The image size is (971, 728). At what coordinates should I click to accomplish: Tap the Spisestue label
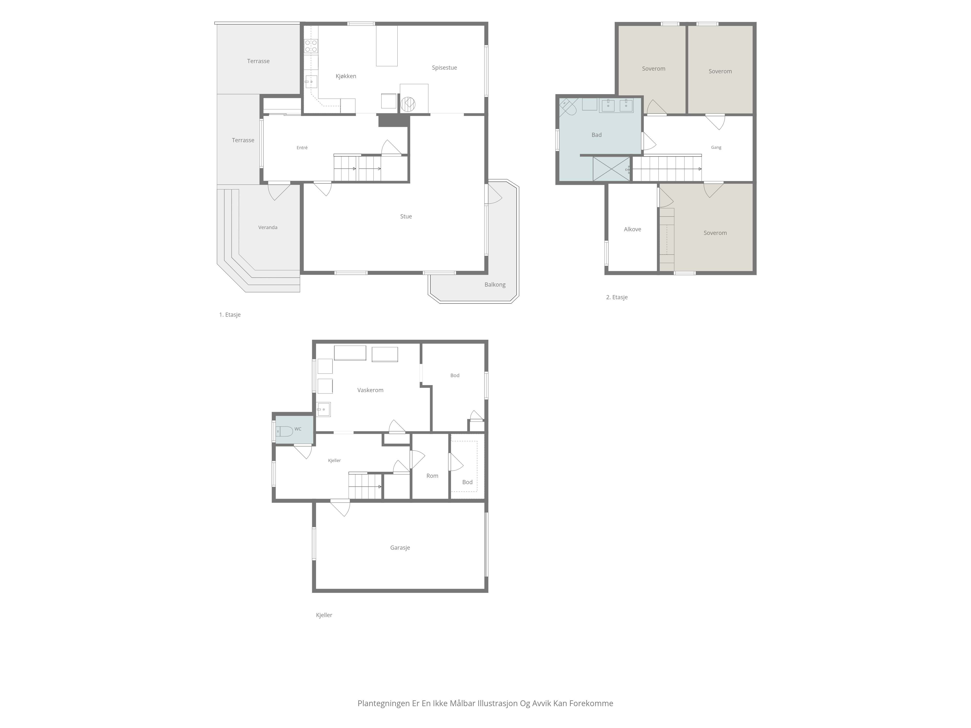click(444, 67)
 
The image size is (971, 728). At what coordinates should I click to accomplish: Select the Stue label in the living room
click(406, 216)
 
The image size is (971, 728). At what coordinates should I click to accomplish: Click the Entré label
click(302, 148)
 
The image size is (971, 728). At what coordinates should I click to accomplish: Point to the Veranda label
click(268, 227)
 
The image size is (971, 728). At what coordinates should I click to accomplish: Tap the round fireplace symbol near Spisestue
click(408, 104)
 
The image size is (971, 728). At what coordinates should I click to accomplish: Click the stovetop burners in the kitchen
click(311, 46)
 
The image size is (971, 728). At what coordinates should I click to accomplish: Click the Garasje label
click(400, 548)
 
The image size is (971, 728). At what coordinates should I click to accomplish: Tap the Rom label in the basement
click(432, 476)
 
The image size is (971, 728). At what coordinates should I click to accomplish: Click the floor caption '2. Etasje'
click(617, 297)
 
